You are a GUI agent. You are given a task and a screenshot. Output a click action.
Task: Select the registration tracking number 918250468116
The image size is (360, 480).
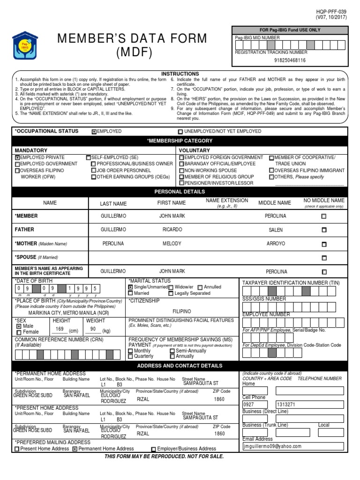coord(290,60)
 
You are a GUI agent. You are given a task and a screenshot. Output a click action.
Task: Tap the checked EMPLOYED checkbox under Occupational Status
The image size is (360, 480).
coord(94,132)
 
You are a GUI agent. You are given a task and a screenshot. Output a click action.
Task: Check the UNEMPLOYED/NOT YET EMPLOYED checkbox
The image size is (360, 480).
coord(180,132)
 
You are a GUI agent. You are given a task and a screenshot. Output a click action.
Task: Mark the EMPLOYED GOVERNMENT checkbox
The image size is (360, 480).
coord(17,164)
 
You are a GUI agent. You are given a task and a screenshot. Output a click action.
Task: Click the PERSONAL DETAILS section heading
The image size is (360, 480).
coord(180,192)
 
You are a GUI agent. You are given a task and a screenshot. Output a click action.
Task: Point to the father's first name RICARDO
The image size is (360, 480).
coord(172,230)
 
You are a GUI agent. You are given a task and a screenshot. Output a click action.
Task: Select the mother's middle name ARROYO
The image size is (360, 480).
coord(276,244)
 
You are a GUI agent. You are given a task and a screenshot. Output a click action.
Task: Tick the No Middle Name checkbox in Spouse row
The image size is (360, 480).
coord(323,258)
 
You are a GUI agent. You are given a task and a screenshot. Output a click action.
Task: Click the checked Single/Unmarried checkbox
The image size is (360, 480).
coord(130,287)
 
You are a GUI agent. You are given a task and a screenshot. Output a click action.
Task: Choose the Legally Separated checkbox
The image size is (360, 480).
coord(171,293)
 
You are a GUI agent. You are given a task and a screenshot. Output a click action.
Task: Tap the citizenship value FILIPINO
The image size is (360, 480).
coord(182,311)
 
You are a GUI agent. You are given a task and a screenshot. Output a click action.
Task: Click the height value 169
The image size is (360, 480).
coord(60,329)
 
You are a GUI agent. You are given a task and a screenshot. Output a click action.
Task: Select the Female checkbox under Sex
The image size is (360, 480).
coord(19,332)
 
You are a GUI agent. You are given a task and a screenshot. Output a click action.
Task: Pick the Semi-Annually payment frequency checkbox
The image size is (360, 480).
coord(172,351)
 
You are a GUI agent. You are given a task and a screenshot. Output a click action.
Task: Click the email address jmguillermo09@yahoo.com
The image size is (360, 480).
coord(272,446)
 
